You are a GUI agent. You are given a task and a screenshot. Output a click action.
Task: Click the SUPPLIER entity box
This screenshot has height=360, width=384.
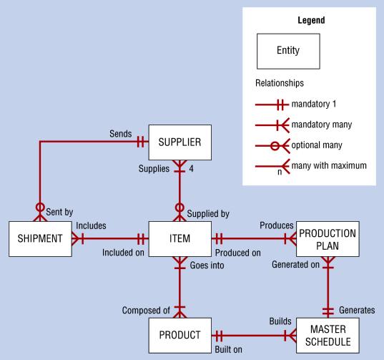(x=180, y=142)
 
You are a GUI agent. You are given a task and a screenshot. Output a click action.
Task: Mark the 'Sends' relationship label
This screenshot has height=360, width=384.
(x=121, y=133)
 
